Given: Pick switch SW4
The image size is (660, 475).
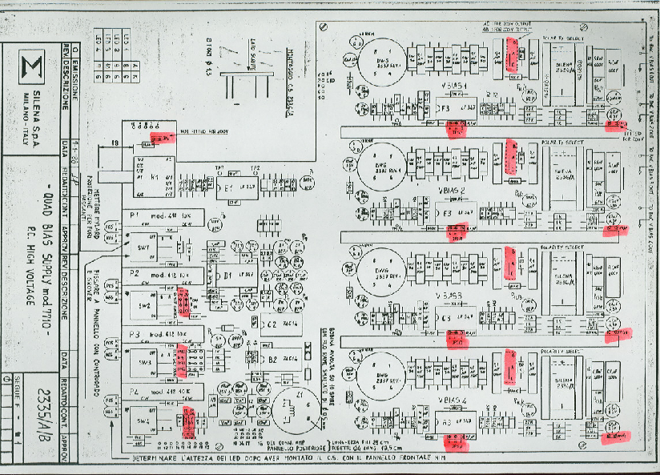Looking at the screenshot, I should point(144,421).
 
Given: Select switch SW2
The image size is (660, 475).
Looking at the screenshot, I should point(145,307).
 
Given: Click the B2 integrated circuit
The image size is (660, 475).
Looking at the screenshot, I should point(272,360).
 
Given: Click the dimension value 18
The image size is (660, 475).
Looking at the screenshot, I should point(115,143).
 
